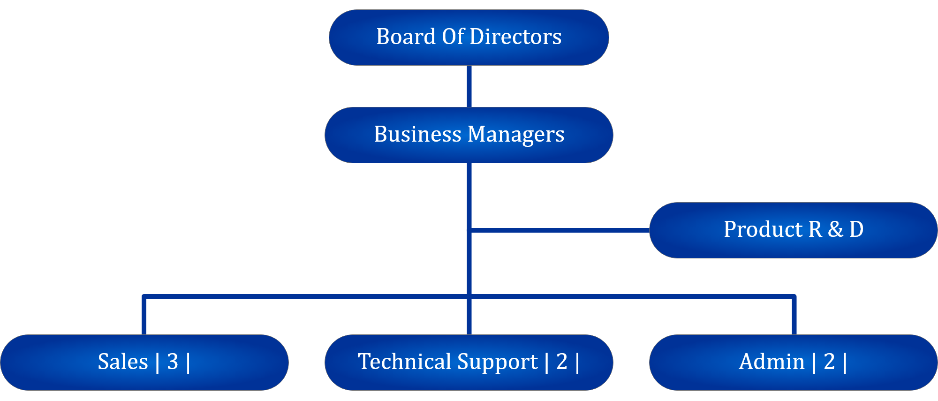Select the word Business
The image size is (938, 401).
point(417,134)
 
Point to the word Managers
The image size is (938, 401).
point(516,135)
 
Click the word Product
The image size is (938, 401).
point(763,229)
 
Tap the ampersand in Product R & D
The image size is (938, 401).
point(835,229)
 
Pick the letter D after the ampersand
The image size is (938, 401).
point(856,229)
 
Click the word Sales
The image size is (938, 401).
point(123,362)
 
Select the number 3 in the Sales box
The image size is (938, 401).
point(173,362)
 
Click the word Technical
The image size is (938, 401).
point(404,362)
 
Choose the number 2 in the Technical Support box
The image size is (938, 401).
point(562,362)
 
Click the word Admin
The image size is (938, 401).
point(772,362)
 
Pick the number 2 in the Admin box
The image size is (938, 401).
point(829,362)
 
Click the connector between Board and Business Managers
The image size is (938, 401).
point(469,86)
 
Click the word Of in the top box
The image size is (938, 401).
point(453,37)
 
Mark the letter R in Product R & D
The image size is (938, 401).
point(815,229)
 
